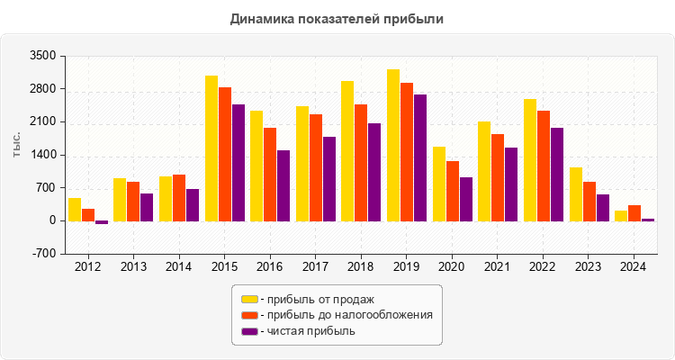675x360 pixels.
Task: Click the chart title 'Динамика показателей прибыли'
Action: [x=337, y=18]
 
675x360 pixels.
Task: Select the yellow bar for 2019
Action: [x=393, y=145]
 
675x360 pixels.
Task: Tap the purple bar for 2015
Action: [x=238, y=163]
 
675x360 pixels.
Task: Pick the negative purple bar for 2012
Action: [x=102, y=222]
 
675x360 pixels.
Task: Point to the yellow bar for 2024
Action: [x=621, y=216]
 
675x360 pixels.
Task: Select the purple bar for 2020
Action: [x=466, y=199]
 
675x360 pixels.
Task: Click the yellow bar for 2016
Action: [x=256, y=166]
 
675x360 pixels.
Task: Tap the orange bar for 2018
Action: [x=361, y=163]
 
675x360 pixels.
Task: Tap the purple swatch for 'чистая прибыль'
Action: [x=249, y=331]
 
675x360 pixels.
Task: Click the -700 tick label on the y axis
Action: [x=43, y=254]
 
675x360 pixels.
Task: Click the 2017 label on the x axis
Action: [x=315, y=267]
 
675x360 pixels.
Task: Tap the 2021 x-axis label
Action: [x=497, y=267]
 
